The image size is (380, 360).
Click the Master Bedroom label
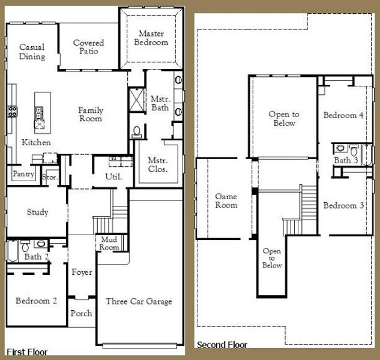(x=152, y=38)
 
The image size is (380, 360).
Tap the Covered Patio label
(x=88, y=47)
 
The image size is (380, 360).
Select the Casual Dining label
(x=32, y=52)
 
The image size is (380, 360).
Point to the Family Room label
(x=91, y=114)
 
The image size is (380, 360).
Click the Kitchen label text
(x=36, y=143)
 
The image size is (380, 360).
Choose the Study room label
(x=38, y=212)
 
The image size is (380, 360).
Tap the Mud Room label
(x=110, y=243)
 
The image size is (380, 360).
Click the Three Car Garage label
(x=139, y=301)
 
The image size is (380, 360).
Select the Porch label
(x=81, y=313)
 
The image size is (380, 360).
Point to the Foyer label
(x=82, y=272)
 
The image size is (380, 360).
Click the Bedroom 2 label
(x=37, y=301)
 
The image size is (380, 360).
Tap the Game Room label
(x=226, y=200)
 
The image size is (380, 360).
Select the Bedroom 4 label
(x=343, y=115)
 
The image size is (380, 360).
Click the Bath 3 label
(x=346, y=160)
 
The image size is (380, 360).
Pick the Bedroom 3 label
(x=343, y=206)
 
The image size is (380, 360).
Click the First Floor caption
(x=27, y=352)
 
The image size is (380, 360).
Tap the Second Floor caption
(x=222, y=345)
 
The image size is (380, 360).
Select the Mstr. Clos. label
(x=158, y=165)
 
